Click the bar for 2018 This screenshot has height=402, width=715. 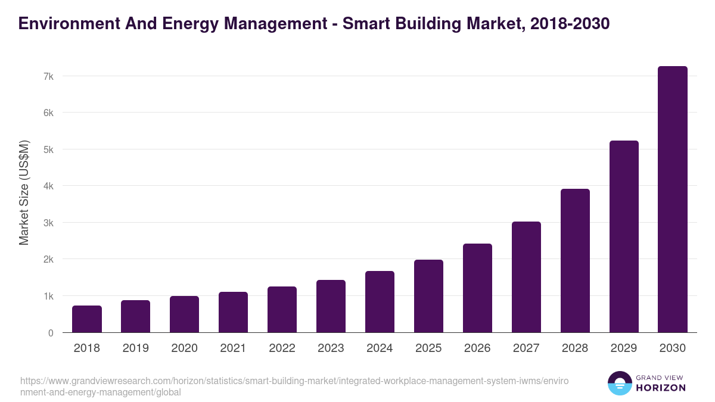[x=87, y=319]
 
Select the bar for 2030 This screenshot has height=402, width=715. [x=672, y=200]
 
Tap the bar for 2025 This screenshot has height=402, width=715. [x=428, y=296]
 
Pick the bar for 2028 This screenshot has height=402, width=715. [x=575, y=261]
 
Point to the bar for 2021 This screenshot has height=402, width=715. [x=233, y=312]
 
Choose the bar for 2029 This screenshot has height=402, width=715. [x=624, y=236]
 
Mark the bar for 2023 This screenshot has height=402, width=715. [x=331, y=306]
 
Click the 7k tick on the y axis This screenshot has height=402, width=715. [x=48, y=76]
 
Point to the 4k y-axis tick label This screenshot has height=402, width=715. [x=48, y=186]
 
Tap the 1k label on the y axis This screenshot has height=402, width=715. [x=48, y=296]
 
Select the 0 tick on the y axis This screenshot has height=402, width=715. [x=51, y=333]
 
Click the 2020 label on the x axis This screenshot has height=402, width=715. [x=184, y=348]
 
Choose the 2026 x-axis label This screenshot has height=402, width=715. [x=477, y=348]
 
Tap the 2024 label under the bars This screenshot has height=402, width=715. [x=380, y=348]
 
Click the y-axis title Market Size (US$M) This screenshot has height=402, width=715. [x=24, y=192]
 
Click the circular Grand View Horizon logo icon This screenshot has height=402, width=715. [x=620, y=383]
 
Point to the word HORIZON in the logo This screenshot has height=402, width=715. [x=661, y=388]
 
